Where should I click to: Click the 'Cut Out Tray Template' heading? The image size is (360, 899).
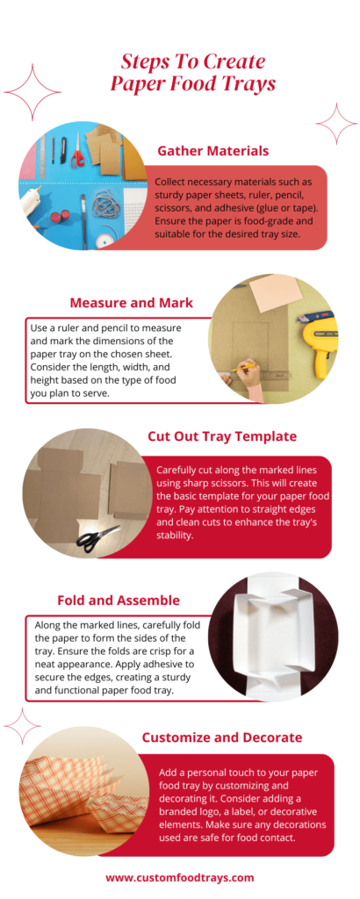click(x=220, y=436)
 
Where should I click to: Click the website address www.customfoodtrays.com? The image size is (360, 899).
click(x=180, y=877)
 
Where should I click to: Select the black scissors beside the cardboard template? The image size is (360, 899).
click(x=96, y=536)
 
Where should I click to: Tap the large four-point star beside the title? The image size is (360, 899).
click(x=32, y=92)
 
